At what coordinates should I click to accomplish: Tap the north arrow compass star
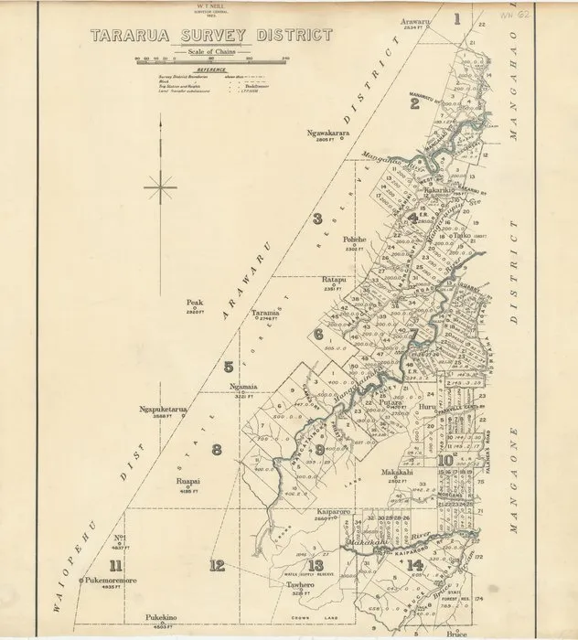pos(160,188)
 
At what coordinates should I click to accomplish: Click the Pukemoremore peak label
pos(110,580)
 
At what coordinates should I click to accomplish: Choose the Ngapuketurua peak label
pos(164,410)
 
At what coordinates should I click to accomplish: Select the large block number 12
pos(216,565)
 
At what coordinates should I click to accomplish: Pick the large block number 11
pos(114,564)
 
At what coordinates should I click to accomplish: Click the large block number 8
pos(217,448)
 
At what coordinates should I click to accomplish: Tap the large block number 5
pos(228,368)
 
